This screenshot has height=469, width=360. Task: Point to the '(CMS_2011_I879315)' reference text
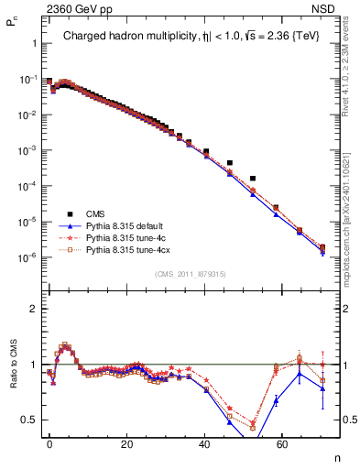coord(189,274)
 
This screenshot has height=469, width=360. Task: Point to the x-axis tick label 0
coord(49,442)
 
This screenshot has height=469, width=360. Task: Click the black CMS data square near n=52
coord(253,178)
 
